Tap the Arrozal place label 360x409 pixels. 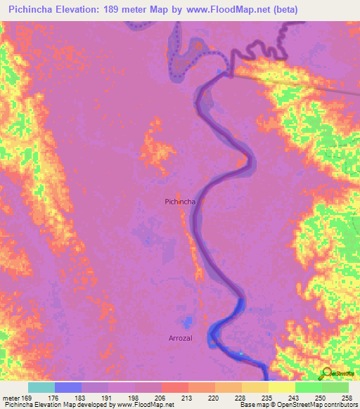click(181, 338)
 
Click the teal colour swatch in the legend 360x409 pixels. click(41, 387)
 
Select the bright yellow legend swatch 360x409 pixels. click(282, 387)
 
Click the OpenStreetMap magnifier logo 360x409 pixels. click(328, 373)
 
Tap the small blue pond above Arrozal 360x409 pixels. click(186, 323)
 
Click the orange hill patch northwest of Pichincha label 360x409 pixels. click(159, 150)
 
